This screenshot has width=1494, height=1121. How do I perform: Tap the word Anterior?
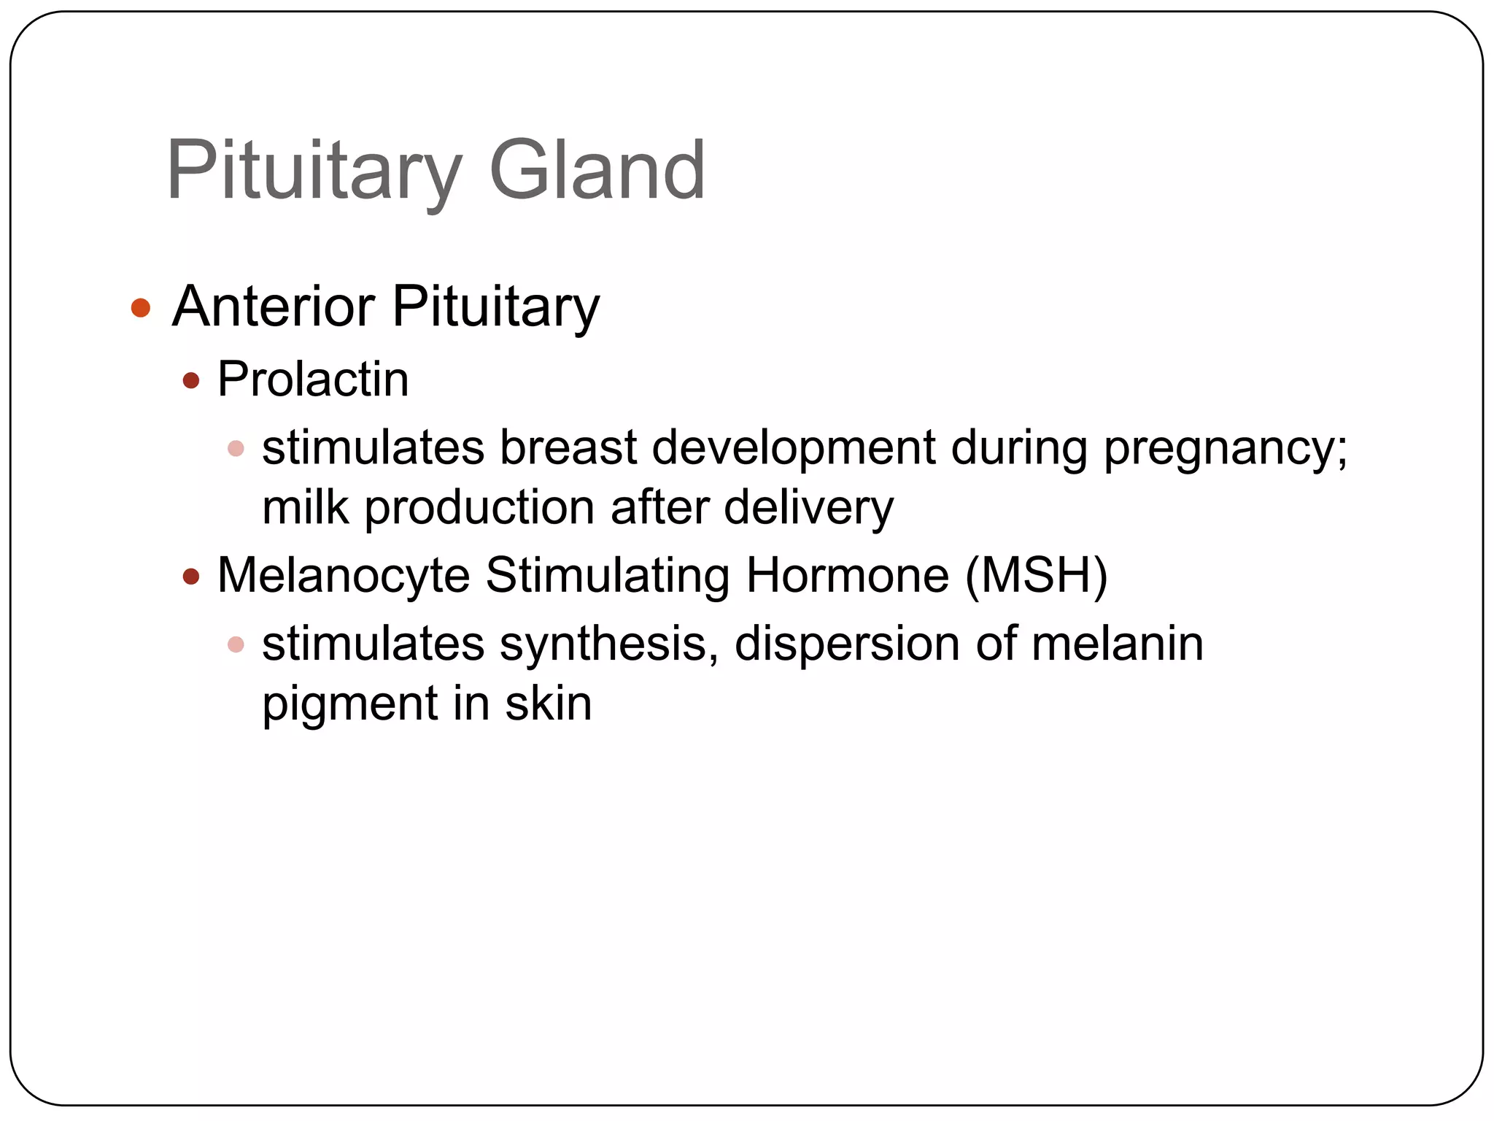point(274,307)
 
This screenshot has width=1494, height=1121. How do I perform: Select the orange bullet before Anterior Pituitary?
point(141,308)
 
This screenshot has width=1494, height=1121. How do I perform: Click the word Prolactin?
point(313,380)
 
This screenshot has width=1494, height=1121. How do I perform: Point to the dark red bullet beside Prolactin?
point(191,381)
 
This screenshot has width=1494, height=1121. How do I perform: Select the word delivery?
point(808,508)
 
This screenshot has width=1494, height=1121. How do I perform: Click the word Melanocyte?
point(344,576)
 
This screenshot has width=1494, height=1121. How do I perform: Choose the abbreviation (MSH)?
point(1036,576)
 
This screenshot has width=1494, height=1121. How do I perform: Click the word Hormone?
point(847,576)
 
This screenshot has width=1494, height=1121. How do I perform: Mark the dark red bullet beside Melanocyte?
point(191,577)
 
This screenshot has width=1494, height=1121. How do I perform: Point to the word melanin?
point(1117,644)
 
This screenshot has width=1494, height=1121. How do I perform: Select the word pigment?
point(349,705)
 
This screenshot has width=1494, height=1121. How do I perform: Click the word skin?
point(548,704)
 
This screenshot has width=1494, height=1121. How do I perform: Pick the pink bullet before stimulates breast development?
point(236,448)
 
